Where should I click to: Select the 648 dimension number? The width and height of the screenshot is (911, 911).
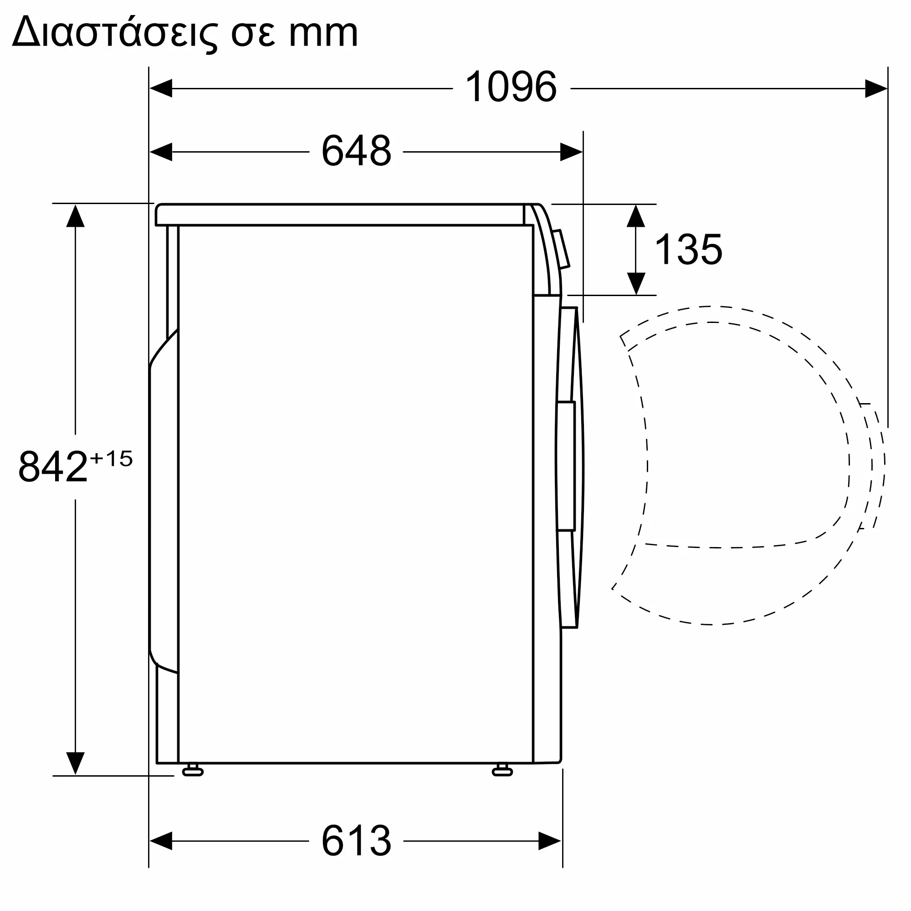coord(357,151)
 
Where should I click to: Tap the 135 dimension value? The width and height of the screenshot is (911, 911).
coord(688,250)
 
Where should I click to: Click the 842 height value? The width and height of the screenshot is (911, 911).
coord(53,466)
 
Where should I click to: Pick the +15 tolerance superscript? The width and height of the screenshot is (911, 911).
coord(111,458)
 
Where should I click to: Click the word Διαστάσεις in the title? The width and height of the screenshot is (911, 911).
coord(115,33)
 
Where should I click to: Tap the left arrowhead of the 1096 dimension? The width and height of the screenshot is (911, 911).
coord(161,88)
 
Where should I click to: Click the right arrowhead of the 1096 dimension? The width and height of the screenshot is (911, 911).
coord(876,88)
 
